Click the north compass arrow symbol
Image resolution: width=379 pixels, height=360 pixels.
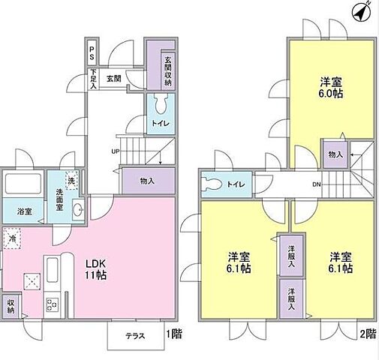(362, 13)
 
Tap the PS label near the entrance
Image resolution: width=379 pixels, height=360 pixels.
(92, 53)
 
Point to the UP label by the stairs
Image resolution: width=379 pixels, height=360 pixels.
(116, 151)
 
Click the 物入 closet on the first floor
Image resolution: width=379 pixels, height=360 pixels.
(148, 180)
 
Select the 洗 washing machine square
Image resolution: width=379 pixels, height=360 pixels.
(71, 180)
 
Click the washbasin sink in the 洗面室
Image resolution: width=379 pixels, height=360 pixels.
(77, 211)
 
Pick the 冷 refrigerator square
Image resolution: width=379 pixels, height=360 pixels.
(13, 239)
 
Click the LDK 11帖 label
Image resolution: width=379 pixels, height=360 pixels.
(95, 269)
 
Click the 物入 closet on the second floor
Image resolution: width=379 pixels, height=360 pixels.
(335, 154)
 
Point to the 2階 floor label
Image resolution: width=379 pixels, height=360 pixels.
(367, 334)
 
